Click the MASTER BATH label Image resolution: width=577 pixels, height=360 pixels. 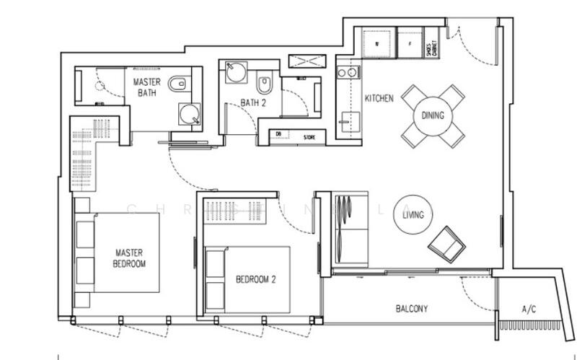coord(146,88)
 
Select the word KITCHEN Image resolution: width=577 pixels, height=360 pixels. coord(379,98)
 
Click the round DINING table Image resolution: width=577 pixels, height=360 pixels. coord(433,115)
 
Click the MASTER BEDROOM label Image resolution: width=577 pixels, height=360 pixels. coord(131,258)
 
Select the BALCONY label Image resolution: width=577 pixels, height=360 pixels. coord(412,309)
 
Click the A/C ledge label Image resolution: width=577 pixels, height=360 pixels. coord(529,309)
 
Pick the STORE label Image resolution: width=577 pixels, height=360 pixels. coord(309,135)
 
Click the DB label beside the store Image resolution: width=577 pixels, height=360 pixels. coord(278,135)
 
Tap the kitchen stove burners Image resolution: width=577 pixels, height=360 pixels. coord(347,72)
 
